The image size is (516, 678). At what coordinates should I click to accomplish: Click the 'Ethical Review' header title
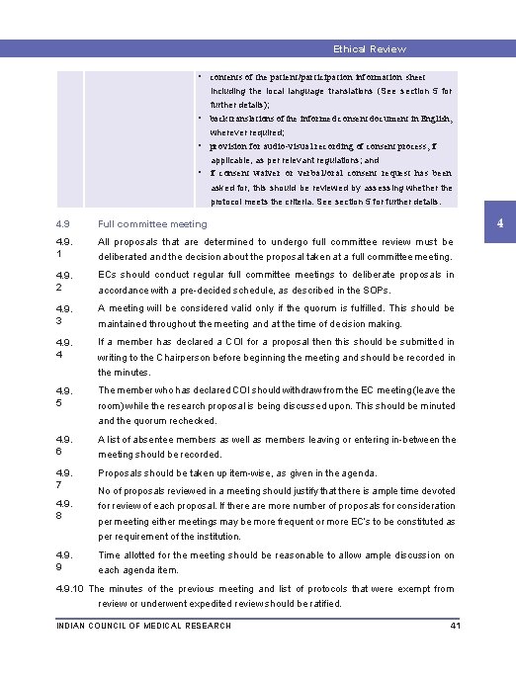(x=369, y=48)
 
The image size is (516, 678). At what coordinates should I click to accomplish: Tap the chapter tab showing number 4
(x=501, y=224)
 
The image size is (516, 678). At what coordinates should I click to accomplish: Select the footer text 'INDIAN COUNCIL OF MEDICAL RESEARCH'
(x=144, y=626)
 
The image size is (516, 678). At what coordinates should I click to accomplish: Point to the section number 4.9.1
(x=64, y=248)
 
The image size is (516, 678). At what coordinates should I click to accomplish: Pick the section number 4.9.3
(x=64, y=314)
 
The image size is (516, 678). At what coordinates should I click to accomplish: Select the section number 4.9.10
(x=70, y=588)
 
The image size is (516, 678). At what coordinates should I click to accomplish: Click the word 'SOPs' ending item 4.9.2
(x=376, y=290)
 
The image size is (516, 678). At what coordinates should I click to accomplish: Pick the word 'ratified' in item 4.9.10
(x=322, y=603)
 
